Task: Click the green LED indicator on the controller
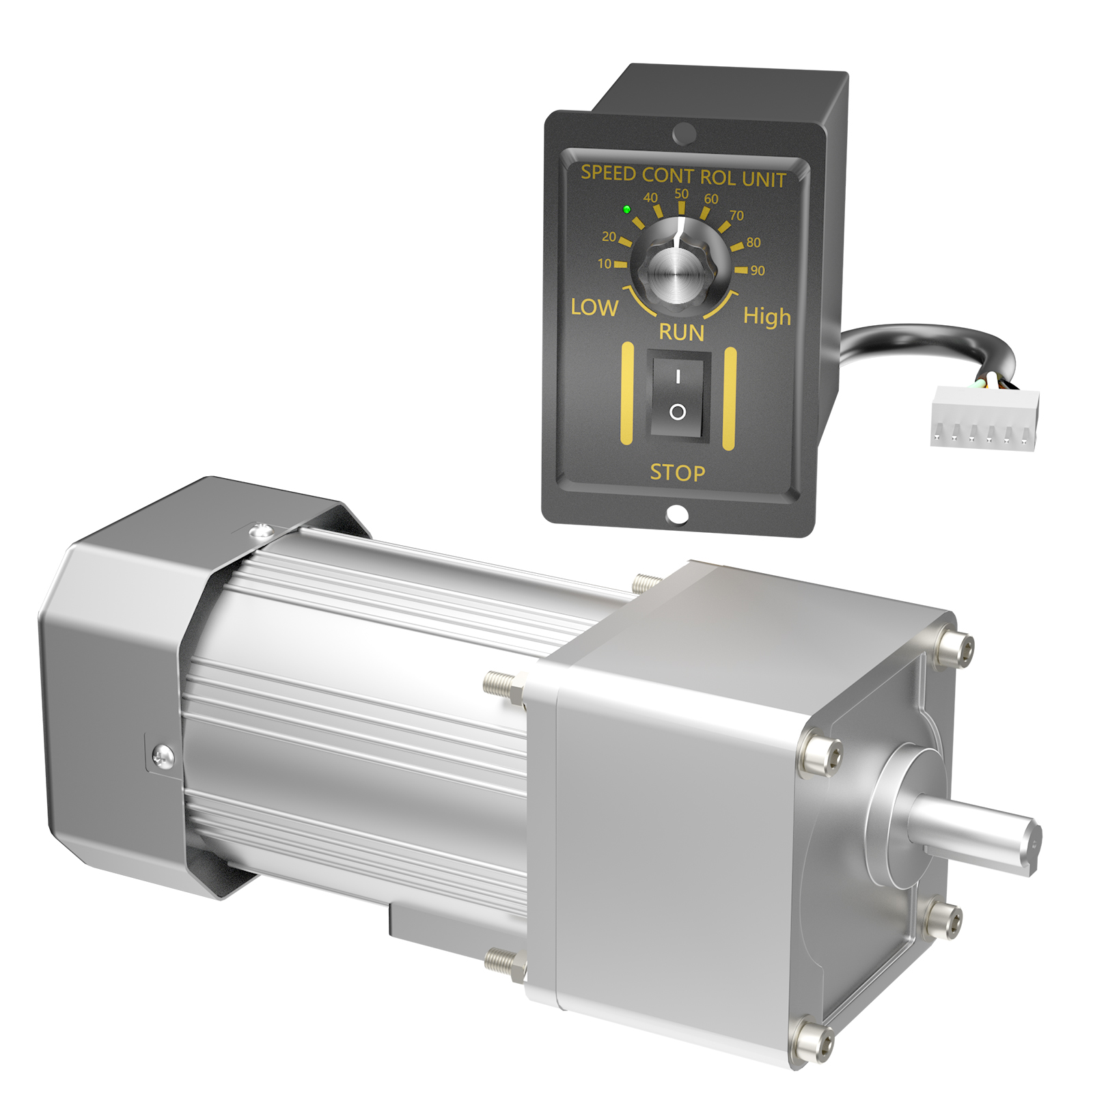(x=626, y=210)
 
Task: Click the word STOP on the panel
(x=677, y=473)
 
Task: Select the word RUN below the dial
(x=681, y=333)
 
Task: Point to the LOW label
(x=594, y=308)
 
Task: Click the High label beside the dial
(x=766, y=317)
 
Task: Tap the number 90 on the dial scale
(x=758, y=271)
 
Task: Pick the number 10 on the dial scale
(x=605, y=264)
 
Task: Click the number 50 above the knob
(x=681, y=194)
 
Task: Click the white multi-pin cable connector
(x=984, y=418)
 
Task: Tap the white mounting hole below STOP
(x=676, y=514)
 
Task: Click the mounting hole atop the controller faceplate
(x=684, y=133)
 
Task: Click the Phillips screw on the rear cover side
(x=163, y=756)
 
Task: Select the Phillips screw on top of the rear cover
(x=260, y=530)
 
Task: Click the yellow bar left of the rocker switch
(x=626, y=394)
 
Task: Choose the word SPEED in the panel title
(x=608, y=173)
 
